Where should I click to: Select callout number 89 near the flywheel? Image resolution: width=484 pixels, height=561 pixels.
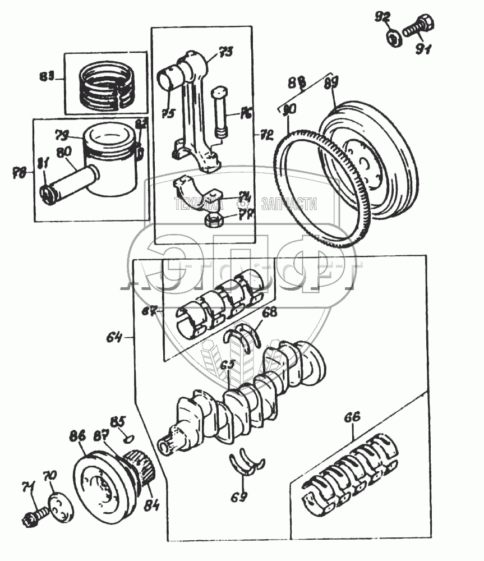pyautogui.click(x=331, y=85)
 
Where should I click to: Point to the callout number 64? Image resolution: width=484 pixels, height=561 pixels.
pyautogui.click(x=114, y=337)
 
